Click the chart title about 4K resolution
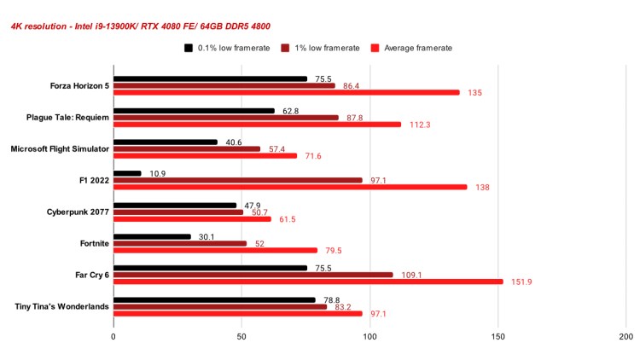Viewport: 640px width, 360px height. pos(141,26)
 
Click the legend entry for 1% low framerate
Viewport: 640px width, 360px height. pos(320,48)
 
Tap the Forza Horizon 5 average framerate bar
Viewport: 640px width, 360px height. pos(286,92)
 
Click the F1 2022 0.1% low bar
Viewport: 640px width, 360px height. pos(127,174)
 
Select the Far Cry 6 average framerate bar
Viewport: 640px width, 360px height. pos(308,282)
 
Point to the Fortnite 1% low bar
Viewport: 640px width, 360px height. pos(180,243)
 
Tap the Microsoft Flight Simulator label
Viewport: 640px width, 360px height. pos(60,148)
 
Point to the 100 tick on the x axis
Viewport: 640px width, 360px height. pos(369,337)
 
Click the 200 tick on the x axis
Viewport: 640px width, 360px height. pos(625,337)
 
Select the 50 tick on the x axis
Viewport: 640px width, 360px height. pos(241,337)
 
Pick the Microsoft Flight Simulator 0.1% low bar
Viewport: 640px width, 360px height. pos(166,142)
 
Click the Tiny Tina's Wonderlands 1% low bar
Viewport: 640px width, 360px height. pos(220,306)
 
